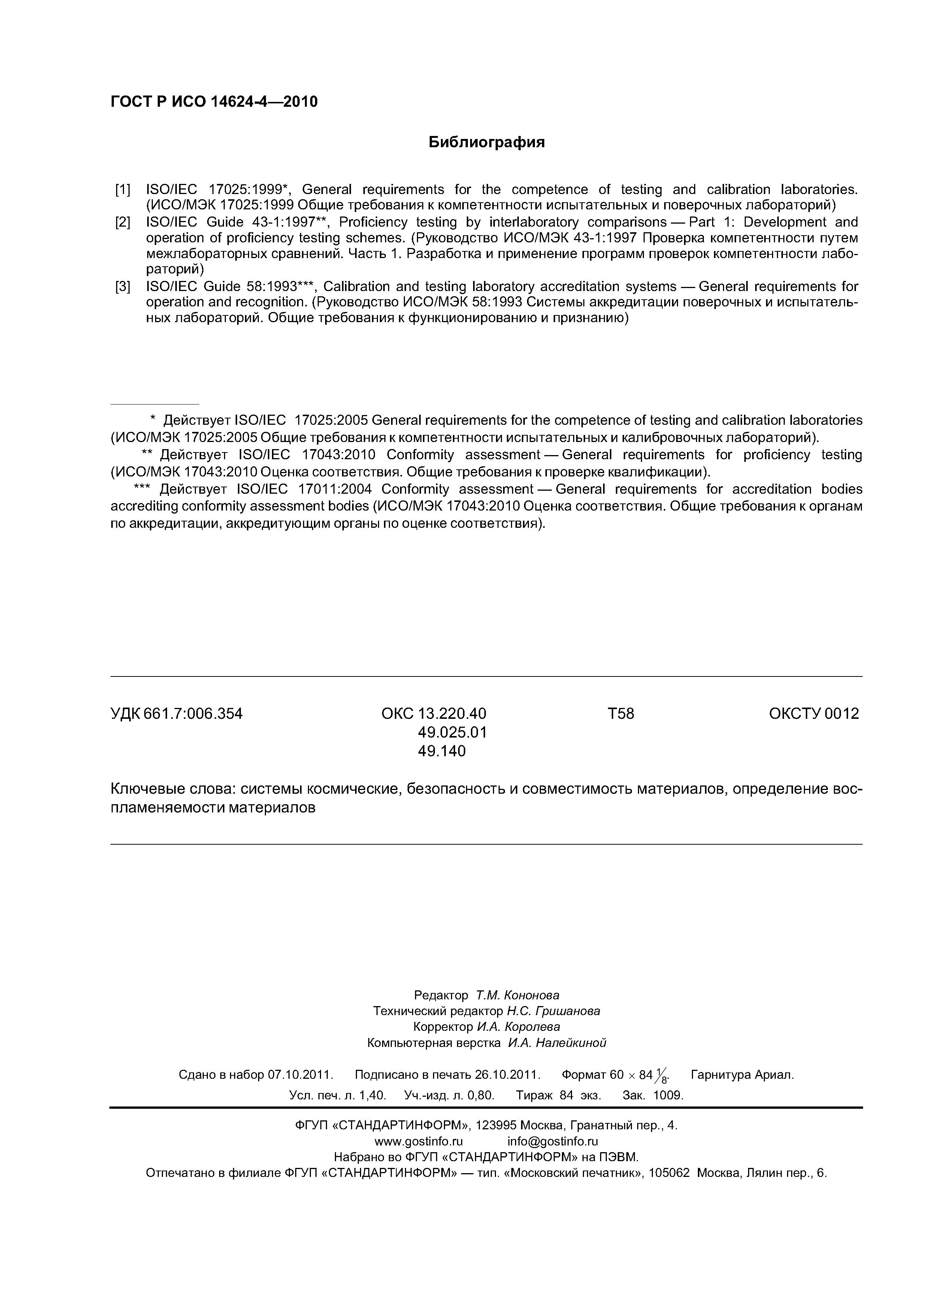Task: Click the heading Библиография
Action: pos(487,142)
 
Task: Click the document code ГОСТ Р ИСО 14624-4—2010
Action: pos(214,102)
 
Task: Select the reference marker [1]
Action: pos(122,190)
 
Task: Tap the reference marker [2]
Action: pos(122,222)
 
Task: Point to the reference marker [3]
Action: pos(122,286)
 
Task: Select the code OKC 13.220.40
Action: pos(433,714)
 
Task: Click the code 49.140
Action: pos(442,751)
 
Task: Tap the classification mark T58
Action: pos(620,714)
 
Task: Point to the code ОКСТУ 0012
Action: pos(814,714)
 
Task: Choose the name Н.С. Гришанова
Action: pos(554,1011)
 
